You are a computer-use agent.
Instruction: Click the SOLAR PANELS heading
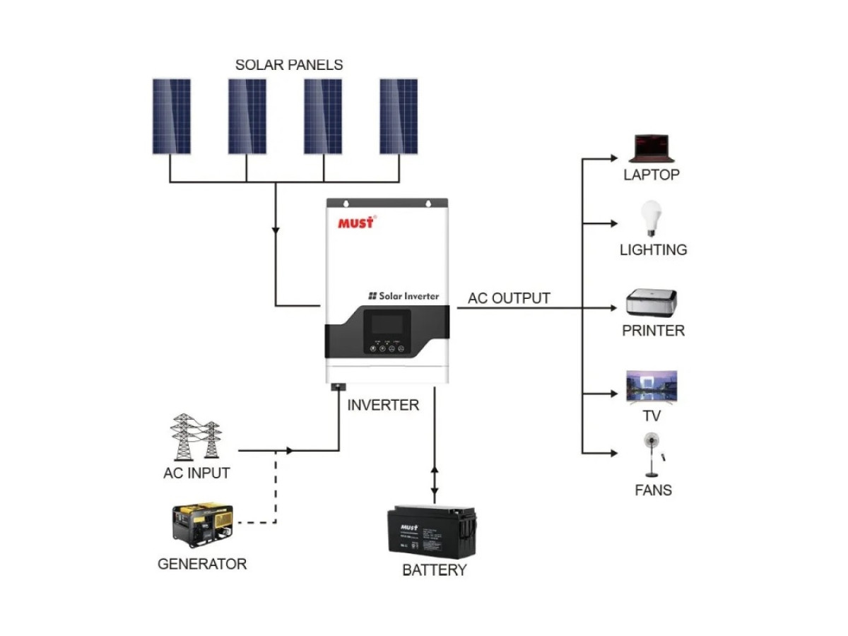point(289,65)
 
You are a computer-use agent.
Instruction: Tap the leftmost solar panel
point(172,117)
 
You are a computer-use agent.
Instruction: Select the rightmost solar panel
point(399,117)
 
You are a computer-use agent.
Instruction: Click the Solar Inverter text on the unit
point(404,296)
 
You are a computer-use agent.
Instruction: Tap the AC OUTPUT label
point(509,298)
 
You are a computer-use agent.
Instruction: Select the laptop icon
point(652,148)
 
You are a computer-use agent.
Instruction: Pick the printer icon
point(652,302)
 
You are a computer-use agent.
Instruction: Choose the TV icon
point(652,386)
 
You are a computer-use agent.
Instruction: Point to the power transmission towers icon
point(195,437)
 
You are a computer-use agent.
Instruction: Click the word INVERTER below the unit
point(383,406)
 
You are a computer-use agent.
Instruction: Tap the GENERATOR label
point(202,565)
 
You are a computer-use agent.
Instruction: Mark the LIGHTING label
point(653,250)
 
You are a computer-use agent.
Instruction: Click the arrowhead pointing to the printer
point(614,308)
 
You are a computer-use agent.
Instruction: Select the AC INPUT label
point(196,473)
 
